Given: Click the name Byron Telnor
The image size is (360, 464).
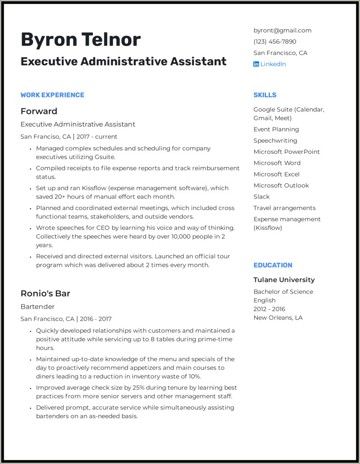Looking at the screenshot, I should click(x=80, y=40).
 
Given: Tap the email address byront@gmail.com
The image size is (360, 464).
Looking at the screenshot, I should click(x=282, y=30).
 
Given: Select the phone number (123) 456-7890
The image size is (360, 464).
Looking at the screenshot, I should click(x=275, y=42).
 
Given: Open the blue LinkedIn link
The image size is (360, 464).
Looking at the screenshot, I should click(x=273, y=64).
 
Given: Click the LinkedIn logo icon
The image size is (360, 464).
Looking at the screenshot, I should click(x=256, y=64).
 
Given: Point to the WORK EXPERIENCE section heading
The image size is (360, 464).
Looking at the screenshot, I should click(x=52, y=95).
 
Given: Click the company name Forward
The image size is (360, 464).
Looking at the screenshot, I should click(x=39, y=111).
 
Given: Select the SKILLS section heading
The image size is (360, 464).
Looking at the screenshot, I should click(x=265, y=95).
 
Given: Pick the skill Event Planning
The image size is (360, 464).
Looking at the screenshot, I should click(x=276, y=129).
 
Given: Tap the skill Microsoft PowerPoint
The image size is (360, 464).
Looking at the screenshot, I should click(x=287, y=152).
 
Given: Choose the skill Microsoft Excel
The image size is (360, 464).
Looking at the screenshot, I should click(x=276, y=174).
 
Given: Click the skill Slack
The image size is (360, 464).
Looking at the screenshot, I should click(x=262, y=197).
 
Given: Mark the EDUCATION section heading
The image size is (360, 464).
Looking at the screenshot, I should click(x=273, y=265).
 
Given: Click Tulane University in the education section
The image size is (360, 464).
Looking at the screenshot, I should click(x=284, y=280).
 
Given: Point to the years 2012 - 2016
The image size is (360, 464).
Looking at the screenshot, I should click(x=269, y=309).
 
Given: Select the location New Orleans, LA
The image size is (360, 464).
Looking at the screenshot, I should click(x=278, y=317).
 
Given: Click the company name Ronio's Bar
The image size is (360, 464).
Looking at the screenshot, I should click(x=45, y=293).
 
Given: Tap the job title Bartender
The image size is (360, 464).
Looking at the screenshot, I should click(x=38, y=307).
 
